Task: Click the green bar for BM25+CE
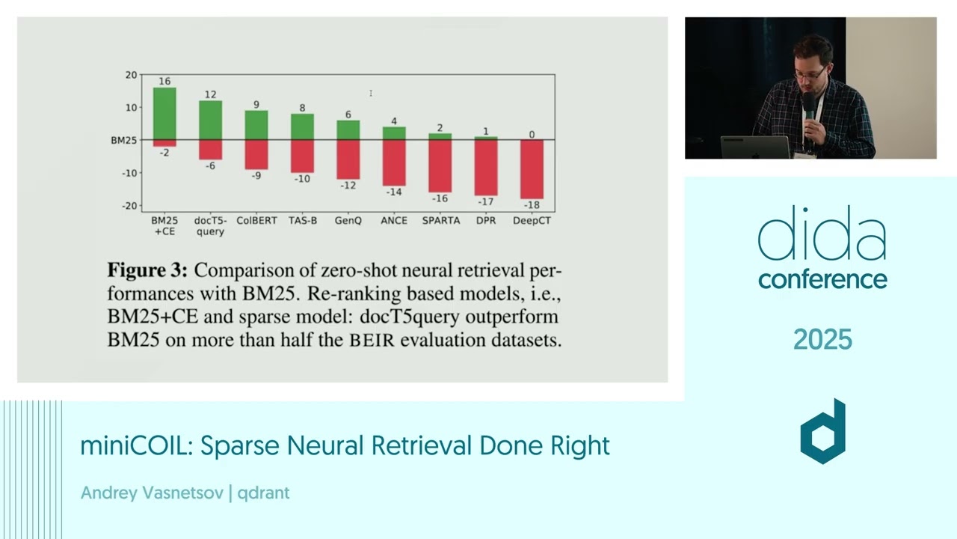coord(164,114)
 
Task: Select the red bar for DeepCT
coord(532,169)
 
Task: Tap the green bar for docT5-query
coord(210,120)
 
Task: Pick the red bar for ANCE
coord(394,162)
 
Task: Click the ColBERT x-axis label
coord(256,221)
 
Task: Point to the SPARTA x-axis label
coord(440,221)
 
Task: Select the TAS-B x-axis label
coord(303,221)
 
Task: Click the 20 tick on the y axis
coord(132,75)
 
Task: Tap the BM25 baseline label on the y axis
coord(124,140)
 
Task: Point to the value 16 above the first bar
coord(164,81)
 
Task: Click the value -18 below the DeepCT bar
coord(532,205)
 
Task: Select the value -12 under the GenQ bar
coord(348,185)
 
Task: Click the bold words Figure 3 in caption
coord(147,270)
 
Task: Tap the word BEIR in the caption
coord(373,341)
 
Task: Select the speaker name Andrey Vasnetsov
coord(152,493)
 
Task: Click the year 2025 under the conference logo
coord(822,340)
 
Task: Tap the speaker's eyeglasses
coord(810,73)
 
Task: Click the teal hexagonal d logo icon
coord(822,432)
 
